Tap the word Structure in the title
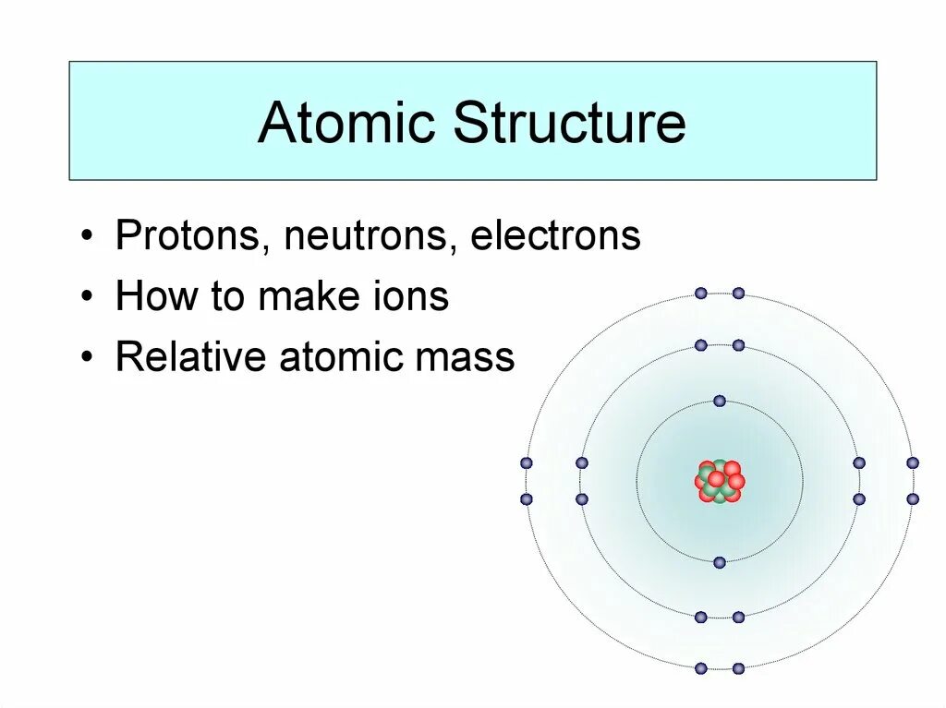[569, 123]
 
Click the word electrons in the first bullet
[554, 236]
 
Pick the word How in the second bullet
[148, 297]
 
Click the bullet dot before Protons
[86, 237]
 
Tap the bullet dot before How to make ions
[86, 298]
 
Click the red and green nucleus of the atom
[720, 481]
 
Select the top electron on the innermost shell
[720, 401]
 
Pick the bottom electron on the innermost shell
[720, 561]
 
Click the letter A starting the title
[276, 123]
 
